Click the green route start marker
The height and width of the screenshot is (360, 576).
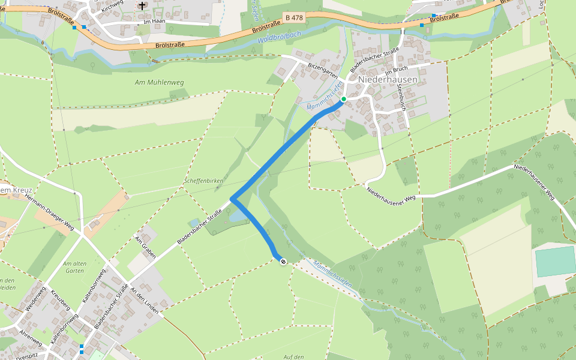pyautogui.click(x=343, y=99)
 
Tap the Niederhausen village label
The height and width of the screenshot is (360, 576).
pyautogui.click(x=388, y=80)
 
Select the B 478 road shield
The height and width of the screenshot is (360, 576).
pyautogui.click(x=294, y=18)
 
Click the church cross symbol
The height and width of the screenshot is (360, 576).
pyautogui.click(x=142, y=5)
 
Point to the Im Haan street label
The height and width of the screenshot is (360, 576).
pyautogui.click(x=154, y=22)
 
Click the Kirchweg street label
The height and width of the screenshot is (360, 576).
pyautogui.click(x=112, y=7)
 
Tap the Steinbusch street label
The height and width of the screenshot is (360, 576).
pyautogui.click(x=401, y=97)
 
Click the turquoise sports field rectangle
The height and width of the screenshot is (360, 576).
pyautogui.click(x=555, y=261)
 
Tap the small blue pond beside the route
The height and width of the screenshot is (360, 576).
pyautogui.click(x=238, y=214)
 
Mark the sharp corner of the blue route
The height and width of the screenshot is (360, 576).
pyautogui.click(x=232, y=199)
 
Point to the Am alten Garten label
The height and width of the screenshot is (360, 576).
pyautogui.click(x=74, y=267)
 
